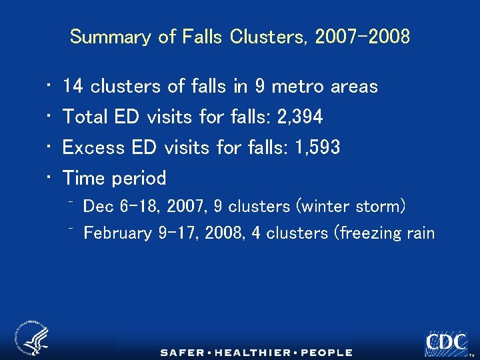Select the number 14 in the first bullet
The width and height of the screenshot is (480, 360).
coord(73,87)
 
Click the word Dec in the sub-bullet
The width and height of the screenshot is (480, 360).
coord(99,207)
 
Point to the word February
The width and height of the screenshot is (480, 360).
coord(118,233)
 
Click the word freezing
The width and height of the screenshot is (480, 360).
coord(370,233)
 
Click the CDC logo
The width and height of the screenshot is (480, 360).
coord(446,343)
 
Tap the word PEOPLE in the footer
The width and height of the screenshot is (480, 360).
coord(327,352)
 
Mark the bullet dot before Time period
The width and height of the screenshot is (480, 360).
coord(51,178)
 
